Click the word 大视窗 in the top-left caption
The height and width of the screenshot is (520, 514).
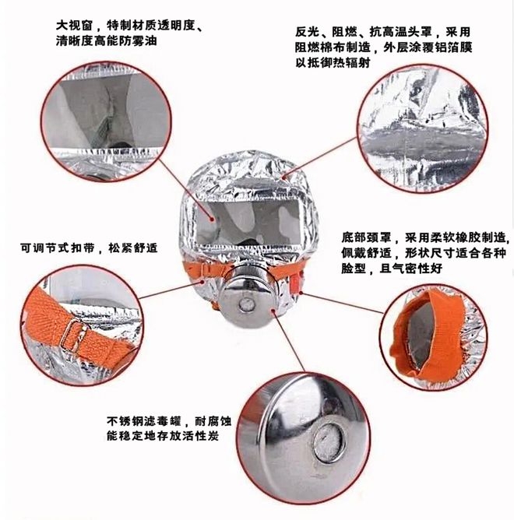click(x=74, y=25)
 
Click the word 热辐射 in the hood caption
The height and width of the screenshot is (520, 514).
click(x=351, y=62)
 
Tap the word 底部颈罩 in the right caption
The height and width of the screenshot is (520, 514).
click(x=366, y=237)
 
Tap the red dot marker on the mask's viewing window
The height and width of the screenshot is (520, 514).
click(x=212, y=220)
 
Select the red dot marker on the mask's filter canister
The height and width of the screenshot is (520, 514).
click(x=273, y=311)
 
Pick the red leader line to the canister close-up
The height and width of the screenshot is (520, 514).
click(x=288, y=341)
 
